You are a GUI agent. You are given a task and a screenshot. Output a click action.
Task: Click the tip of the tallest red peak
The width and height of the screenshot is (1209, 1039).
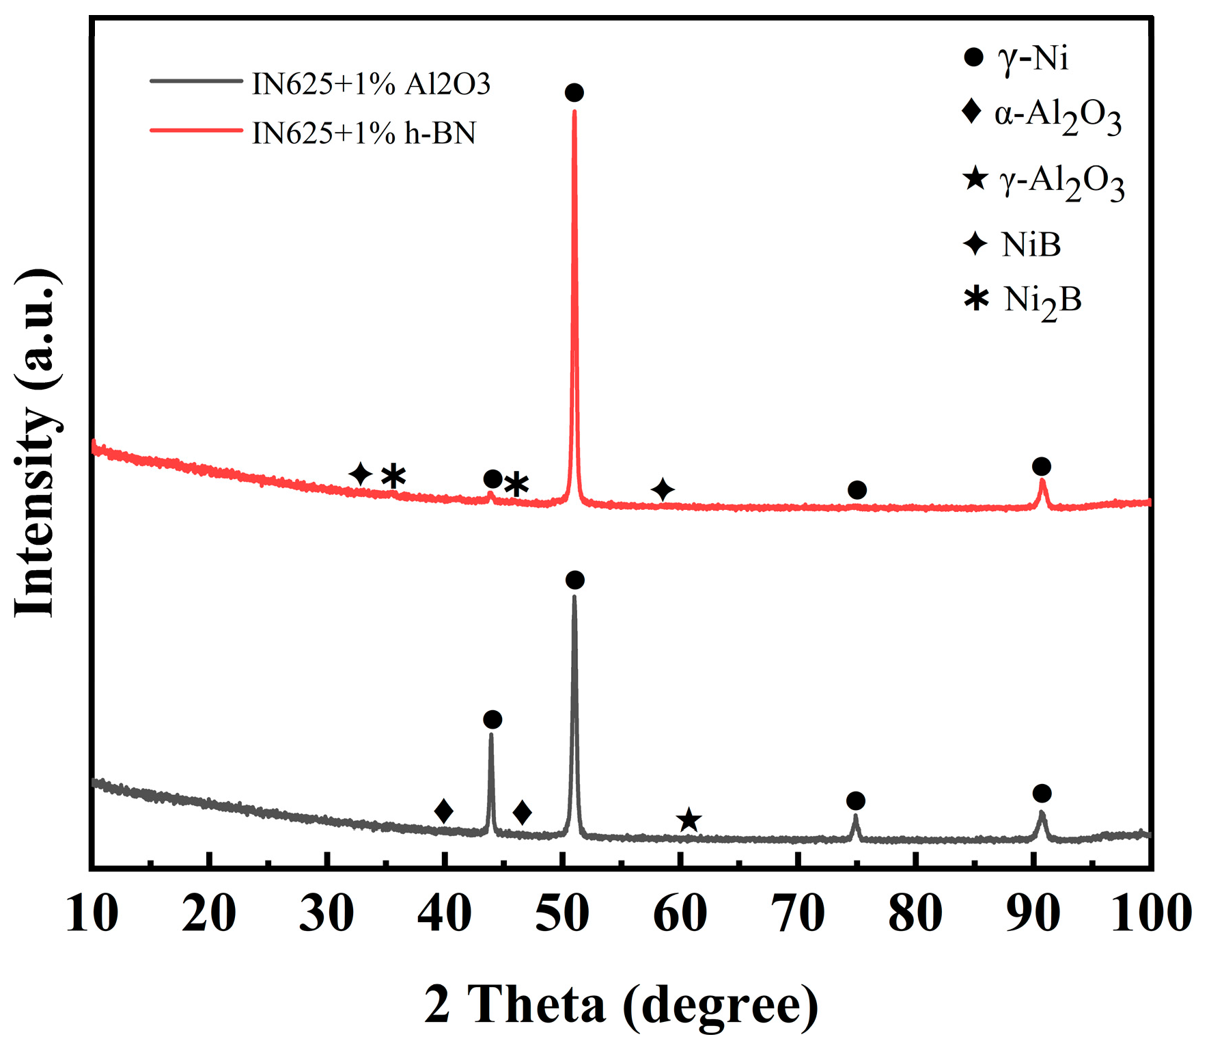coord(574,111)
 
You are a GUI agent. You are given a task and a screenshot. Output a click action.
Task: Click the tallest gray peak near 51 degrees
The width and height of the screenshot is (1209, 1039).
coord(574,597)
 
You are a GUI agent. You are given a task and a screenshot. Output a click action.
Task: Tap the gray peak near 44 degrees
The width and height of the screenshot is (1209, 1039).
coord(491,736)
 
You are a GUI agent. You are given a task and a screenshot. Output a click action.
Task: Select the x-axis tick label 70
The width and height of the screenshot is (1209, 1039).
coord(797,913)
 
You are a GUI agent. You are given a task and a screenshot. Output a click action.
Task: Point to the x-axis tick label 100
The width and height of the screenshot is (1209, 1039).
coord(1151,913)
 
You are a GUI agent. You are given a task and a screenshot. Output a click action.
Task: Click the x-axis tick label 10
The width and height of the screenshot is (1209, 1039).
coord(92,913)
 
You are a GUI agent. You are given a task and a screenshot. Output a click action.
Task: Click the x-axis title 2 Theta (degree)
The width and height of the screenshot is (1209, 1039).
coord(621,1004)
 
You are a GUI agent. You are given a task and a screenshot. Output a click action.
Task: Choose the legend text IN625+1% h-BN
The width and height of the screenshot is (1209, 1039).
coord(363,133)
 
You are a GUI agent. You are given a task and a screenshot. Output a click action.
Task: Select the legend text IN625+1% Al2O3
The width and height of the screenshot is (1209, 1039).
coord(371,84)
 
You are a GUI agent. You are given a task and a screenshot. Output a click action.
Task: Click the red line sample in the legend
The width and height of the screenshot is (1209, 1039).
coord(196,130)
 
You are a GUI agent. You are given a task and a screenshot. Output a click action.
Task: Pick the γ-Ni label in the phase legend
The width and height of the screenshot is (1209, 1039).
coord(1033,57)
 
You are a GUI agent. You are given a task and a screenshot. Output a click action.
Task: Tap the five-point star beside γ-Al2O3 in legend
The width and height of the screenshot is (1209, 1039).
coord(975,179)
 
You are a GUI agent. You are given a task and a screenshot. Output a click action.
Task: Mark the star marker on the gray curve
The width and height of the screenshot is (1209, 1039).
coord(689,820)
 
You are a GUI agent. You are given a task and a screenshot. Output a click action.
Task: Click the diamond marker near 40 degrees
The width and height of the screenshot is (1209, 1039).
coord(444,811)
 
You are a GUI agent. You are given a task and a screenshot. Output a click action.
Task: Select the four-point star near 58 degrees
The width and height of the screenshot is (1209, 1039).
coord(663,489)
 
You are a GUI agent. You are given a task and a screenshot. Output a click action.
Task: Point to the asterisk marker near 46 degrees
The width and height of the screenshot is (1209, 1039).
coord(516,485)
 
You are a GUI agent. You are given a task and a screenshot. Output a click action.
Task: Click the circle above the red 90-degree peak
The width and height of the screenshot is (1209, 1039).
coord(1041,467)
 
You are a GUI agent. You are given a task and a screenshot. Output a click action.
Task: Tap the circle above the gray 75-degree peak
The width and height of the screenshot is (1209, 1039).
coord(855,800)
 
